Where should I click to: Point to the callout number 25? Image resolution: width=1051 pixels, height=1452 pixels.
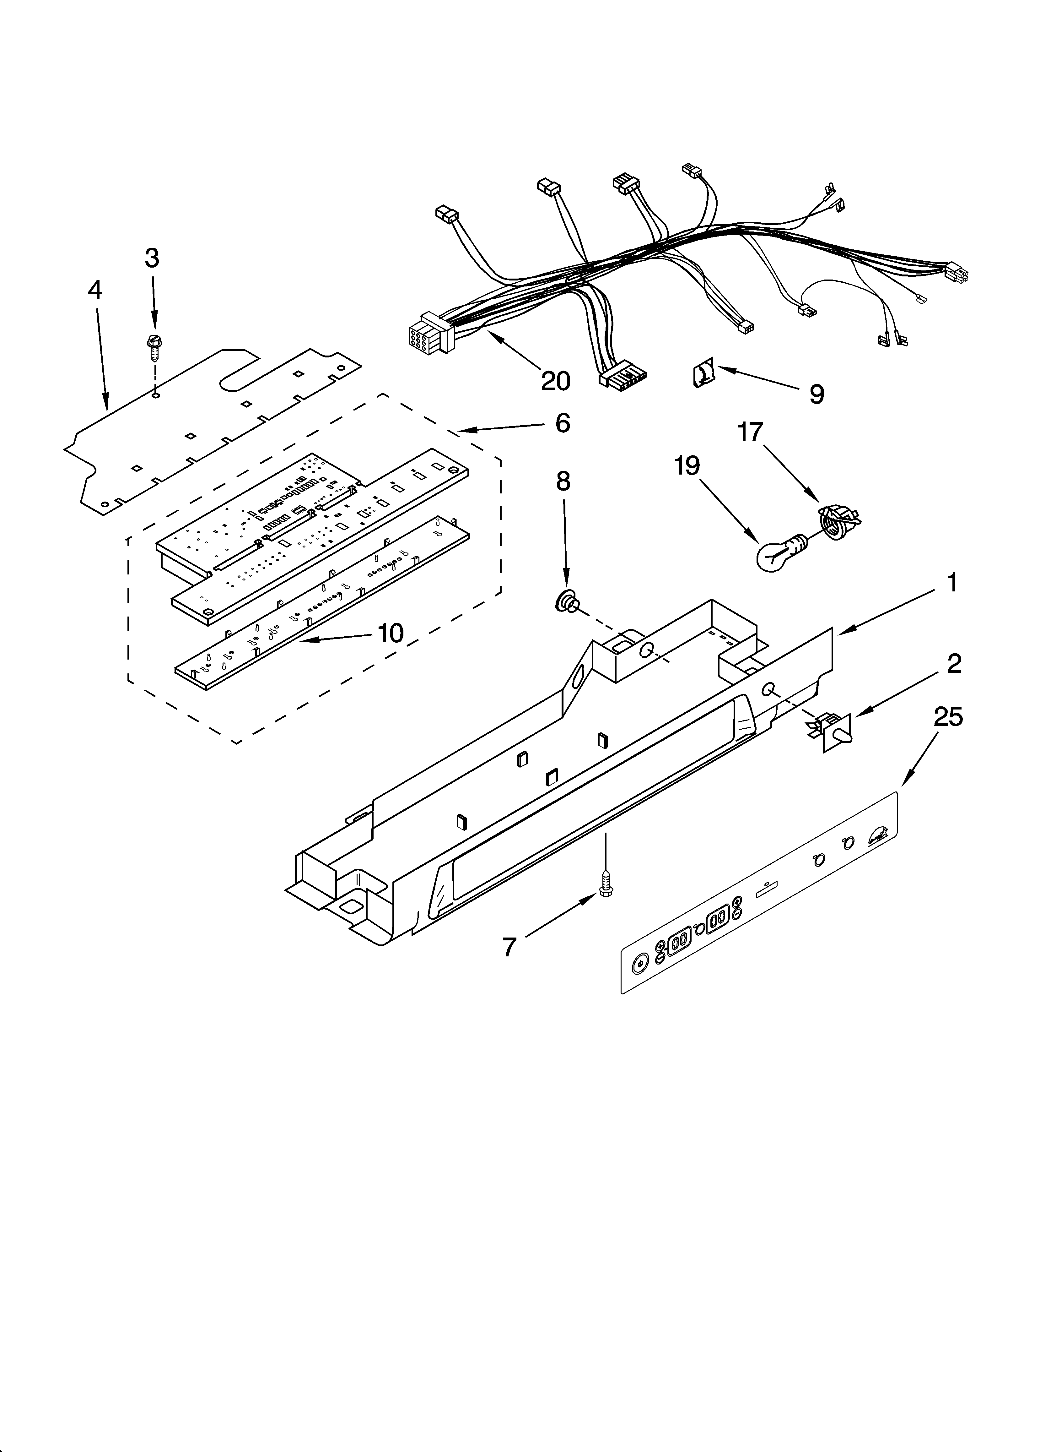(x=948, y=717)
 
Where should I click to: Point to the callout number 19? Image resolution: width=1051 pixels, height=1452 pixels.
(x=687, y=466)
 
